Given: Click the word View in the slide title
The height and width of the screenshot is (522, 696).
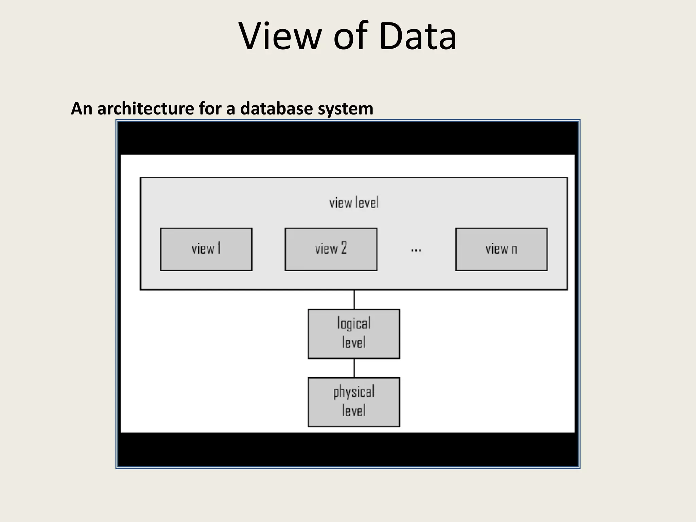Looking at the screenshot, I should click(x=280, y=36).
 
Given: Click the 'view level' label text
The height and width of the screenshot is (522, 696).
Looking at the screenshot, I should click(x=354, y=203).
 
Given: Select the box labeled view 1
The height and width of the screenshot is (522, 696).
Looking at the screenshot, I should click(x=206, y=249).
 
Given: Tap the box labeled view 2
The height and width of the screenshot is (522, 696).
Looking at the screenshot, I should click(x=331, y=249).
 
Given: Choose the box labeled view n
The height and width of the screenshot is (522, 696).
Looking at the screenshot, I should click(x=501, y=249).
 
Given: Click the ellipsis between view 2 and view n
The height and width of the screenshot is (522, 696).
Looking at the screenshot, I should click(x=416, y=251).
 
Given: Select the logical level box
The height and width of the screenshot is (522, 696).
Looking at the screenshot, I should click(x=354, y=334).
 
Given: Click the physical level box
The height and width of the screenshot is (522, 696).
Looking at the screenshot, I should click(x=354, y=402).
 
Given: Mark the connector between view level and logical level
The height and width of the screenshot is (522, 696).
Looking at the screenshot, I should click(x=354, y=299).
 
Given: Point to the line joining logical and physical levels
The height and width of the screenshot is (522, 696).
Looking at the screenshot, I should click(x=354, y=368).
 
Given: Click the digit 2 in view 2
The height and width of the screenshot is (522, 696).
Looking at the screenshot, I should click(x=344, y=248).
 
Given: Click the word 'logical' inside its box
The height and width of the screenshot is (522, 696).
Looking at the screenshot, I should click(x=354, y=324).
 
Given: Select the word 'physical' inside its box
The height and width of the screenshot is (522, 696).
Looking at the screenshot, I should click(x=354, y=392).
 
